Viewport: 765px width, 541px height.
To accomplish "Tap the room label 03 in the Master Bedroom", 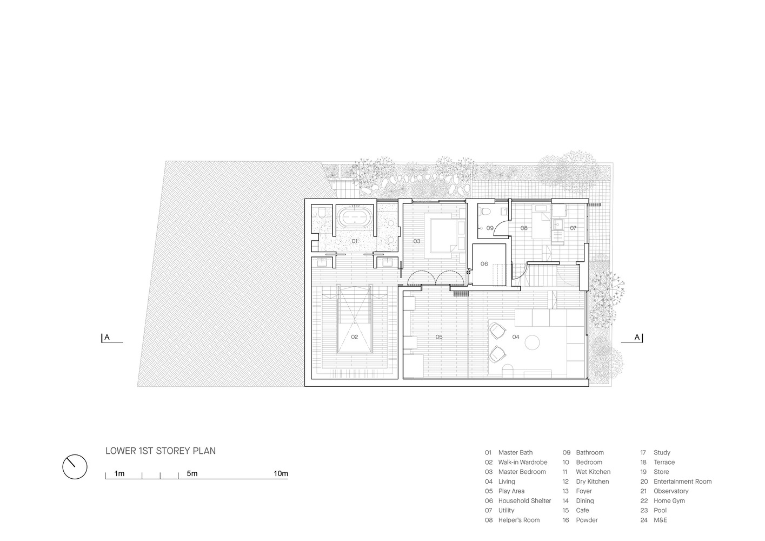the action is point(417,241).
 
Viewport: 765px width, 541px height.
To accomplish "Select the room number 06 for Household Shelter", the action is point(484,264).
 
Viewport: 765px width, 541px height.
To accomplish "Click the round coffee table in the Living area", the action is point(532,342).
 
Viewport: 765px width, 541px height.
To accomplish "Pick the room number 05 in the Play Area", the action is point(439,337).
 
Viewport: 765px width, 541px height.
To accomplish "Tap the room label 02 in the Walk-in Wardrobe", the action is point(355,337).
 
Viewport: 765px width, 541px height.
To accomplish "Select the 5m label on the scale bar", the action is point(192,473).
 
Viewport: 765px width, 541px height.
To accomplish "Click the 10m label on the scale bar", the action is point(281,473).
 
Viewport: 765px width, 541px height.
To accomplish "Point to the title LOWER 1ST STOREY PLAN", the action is point(161,451).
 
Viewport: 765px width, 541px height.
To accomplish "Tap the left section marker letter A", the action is point(107,337).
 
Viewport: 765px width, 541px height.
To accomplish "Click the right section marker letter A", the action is point(637,337).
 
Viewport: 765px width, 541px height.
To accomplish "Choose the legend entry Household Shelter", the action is point(524,500).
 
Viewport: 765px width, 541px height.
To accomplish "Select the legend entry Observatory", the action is point(671,491).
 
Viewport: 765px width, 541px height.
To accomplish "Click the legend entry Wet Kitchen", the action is point(593,472).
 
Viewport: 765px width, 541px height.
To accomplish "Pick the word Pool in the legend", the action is point(660,510).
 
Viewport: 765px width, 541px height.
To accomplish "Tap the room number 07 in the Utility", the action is point(573,228).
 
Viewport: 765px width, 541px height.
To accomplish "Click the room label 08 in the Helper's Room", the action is point(524,228).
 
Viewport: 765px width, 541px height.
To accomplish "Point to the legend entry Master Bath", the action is point(515,452).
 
